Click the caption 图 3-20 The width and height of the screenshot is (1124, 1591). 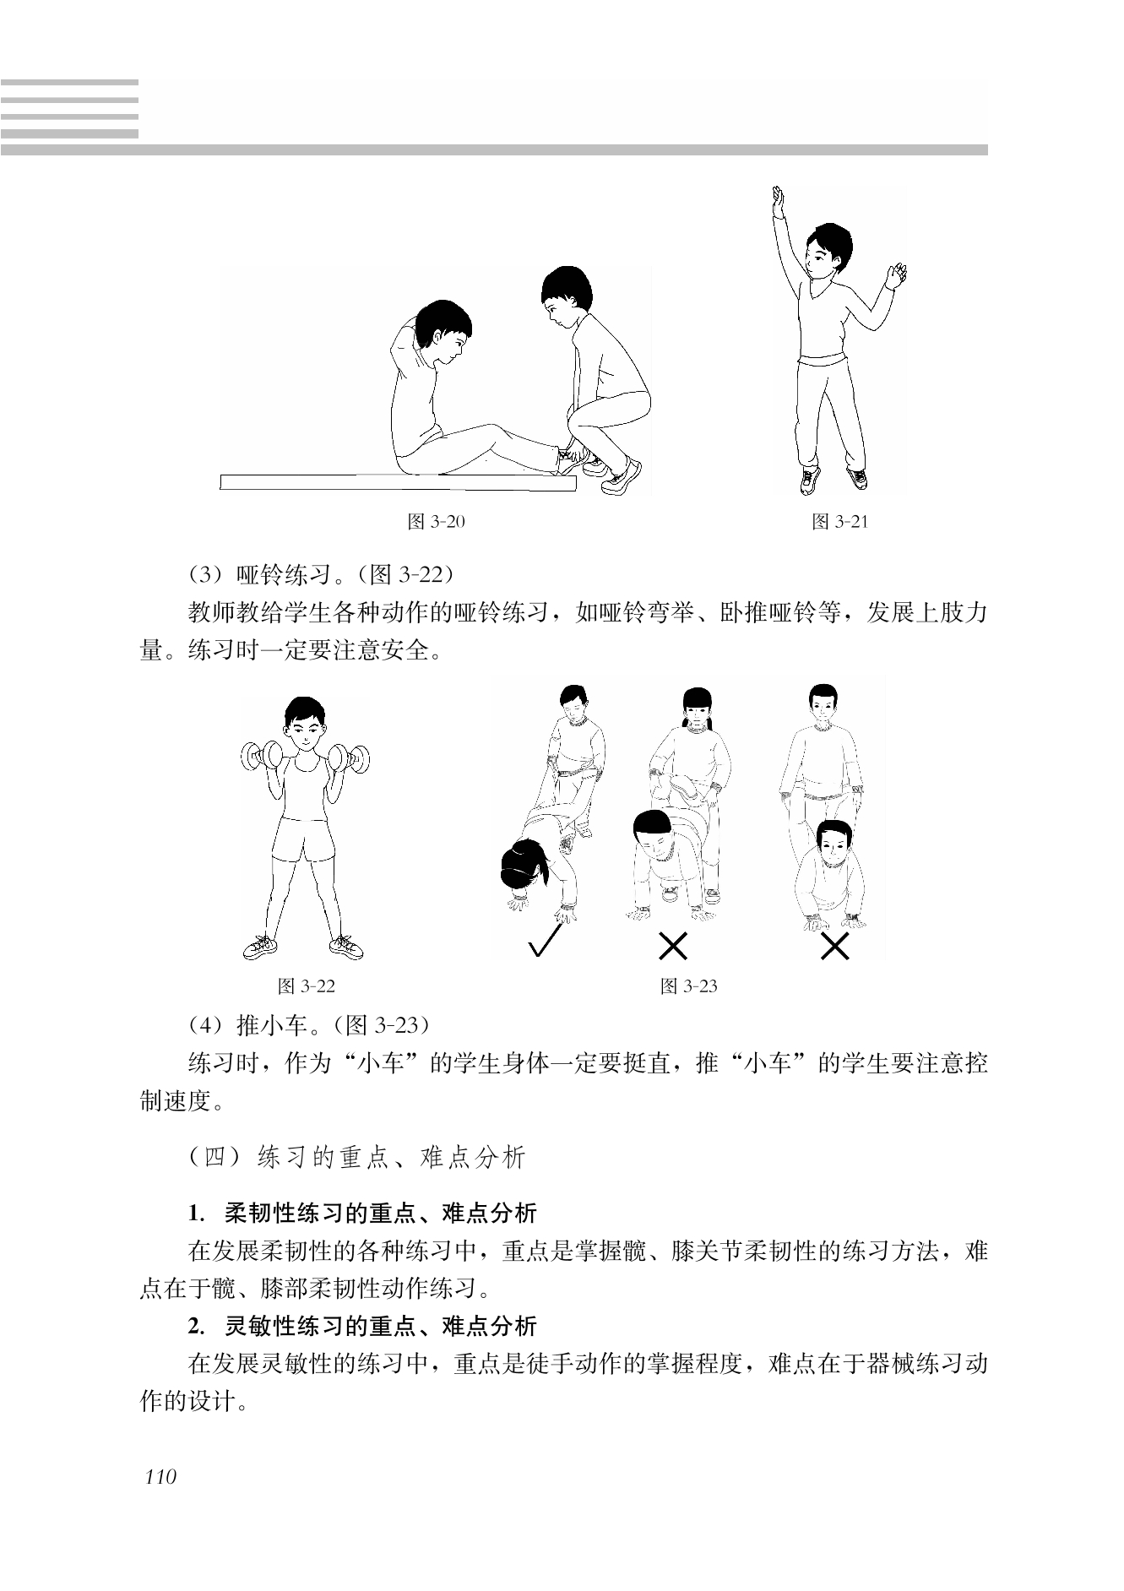coord(436,522)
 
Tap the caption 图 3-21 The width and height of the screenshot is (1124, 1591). coord(839,522)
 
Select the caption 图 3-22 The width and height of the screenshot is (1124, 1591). coord(307,986)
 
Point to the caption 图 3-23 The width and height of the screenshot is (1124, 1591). coord(688,986)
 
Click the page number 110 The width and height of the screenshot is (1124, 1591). coord(160,1478)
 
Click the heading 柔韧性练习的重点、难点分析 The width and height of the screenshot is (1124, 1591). coord(381,1214)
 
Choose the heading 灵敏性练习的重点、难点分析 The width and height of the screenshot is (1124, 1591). coord(381,1327)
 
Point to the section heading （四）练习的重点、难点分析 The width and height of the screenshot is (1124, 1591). coord(357,1157)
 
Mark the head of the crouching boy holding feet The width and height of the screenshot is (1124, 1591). coord(563,297)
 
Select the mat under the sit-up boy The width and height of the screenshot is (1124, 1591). coord(398,482)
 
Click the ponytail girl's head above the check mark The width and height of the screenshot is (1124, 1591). coord(525,865)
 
